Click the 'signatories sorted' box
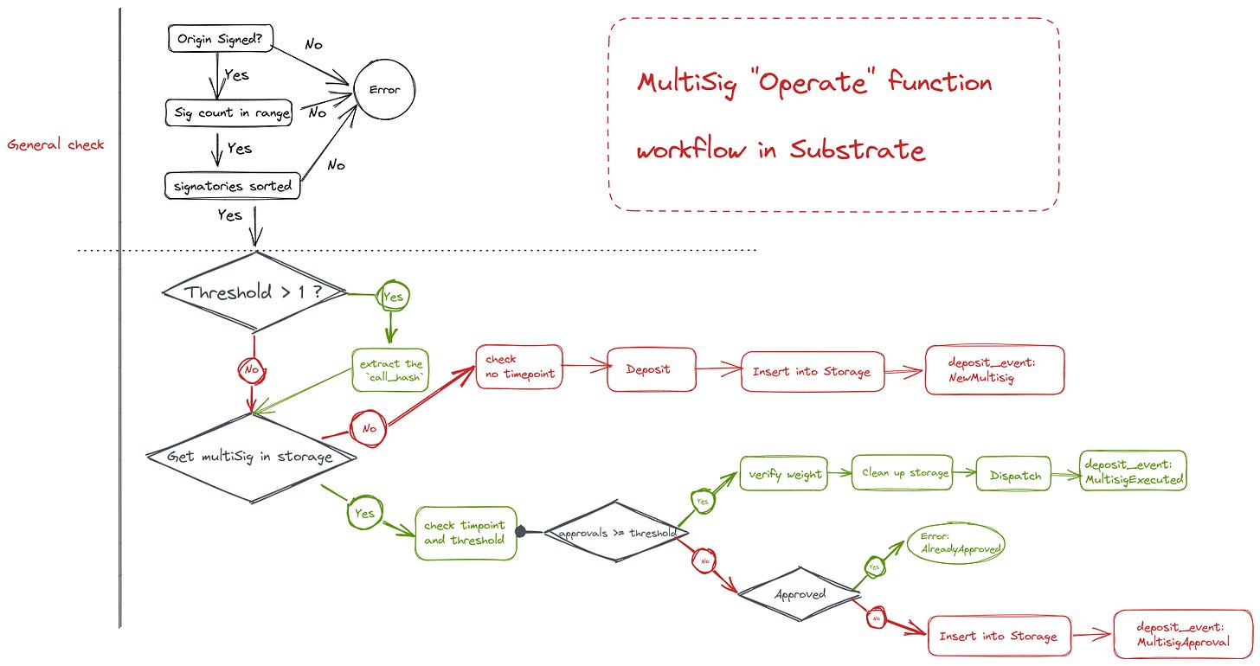point(232,185)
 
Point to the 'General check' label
point(55,144)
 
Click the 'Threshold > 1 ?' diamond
point(253,292)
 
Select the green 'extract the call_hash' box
point(390,370)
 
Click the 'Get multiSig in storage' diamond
point(251,457)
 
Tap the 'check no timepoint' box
point(519,367)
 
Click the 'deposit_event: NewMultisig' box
point(994,370)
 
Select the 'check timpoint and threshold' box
point(465,533)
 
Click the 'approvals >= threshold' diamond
point(616,533)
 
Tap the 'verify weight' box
point(784,474)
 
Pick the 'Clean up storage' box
point(902,473)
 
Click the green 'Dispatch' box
point(1015,475)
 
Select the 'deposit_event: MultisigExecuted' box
point(1133,471)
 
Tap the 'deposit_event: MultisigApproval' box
point(1182,636)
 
